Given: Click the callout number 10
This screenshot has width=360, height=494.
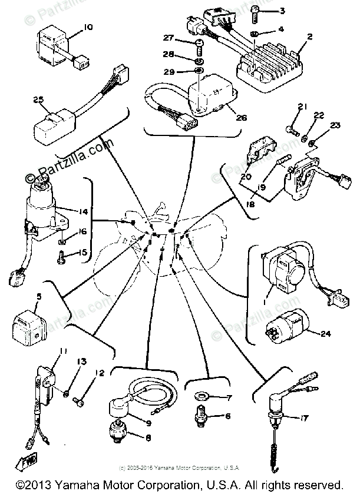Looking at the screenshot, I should (x=88, y=26).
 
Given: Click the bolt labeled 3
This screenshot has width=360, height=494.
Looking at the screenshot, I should (x=255, y=11).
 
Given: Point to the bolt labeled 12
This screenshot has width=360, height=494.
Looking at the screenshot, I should (x=78, y=402).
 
